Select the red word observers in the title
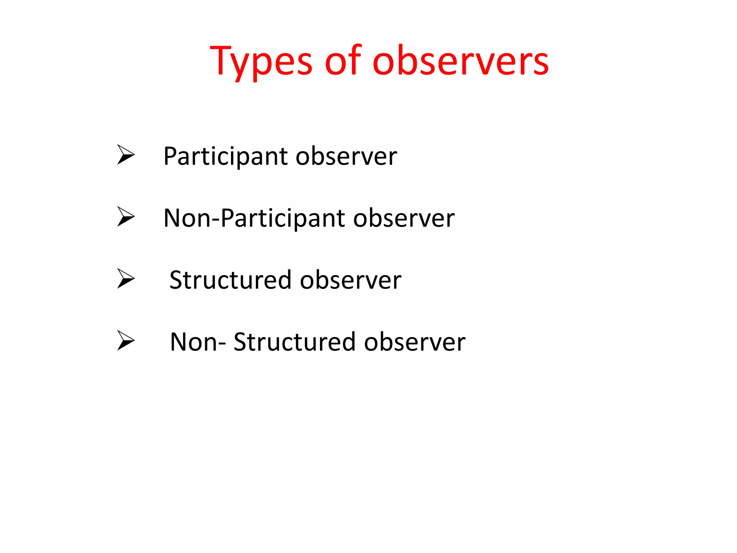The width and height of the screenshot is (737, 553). point(461,61)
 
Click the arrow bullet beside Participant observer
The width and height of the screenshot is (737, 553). point(126,155)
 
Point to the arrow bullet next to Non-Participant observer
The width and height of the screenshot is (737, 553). point(126,217)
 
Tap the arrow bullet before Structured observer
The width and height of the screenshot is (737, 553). point(126,279)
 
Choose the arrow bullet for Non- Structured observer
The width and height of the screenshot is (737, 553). point(126,341)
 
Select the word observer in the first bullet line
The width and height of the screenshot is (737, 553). point(346,157)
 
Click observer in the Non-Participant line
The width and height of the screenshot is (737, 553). point(404,219)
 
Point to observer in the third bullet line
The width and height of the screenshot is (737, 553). point(351,280)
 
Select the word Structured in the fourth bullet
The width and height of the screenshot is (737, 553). point(294,342)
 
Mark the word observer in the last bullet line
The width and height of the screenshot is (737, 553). point(415,342)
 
